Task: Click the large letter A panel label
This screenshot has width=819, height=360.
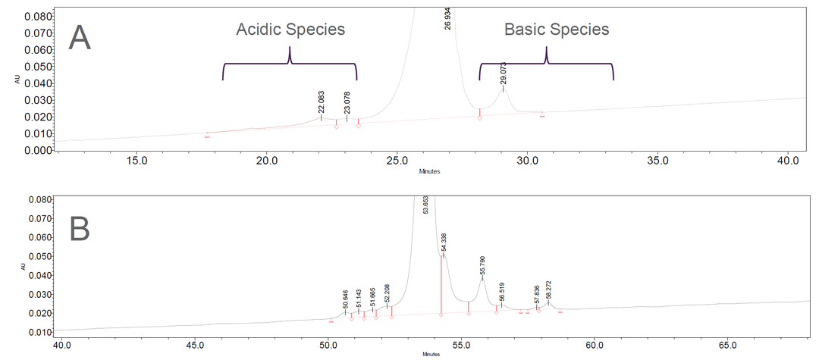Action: pos(80,37)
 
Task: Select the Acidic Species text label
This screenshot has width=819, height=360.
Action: pos(290,30)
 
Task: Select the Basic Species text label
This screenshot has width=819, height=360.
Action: pos(557,30)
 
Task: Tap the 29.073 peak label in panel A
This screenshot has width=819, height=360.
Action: pos(503,73)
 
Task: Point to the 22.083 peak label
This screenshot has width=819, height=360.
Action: pos(320,102)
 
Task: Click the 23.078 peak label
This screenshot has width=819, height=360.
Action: pos(347,102)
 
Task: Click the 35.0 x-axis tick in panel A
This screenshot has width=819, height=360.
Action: pos(657,161)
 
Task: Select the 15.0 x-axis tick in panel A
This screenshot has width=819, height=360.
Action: pos(136,161)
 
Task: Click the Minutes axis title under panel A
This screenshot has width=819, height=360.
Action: pos(430,171)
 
